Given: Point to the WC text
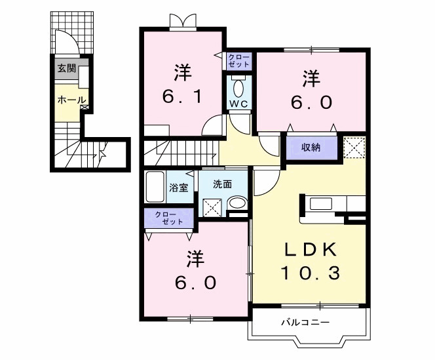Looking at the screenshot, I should (238, 104).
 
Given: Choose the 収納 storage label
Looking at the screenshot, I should (311, 147).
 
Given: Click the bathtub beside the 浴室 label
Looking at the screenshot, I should (155, 188).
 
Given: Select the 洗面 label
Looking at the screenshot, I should (223, 184).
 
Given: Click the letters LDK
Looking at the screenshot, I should (310, 250).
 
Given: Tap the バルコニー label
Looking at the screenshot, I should (305, 322).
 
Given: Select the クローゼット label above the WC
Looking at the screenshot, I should (238, 62).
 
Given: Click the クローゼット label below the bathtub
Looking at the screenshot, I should (169, 219).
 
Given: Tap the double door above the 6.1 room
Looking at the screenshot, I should (182, 22).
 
